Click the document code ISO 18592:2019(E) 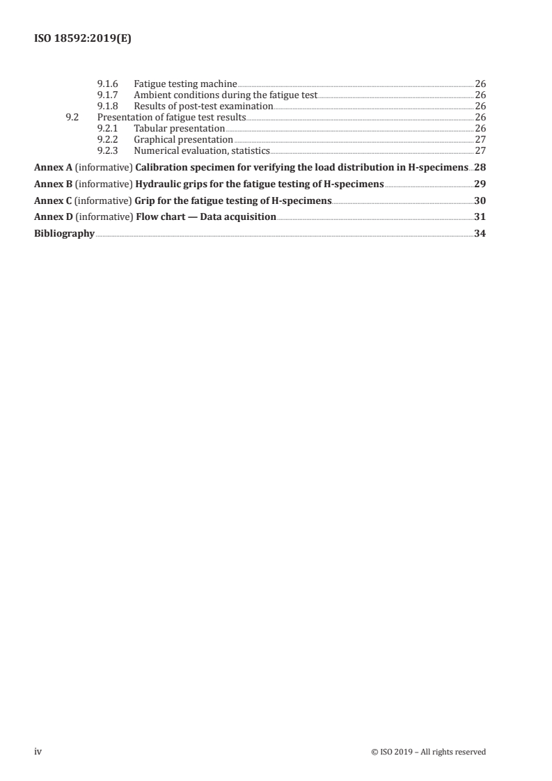[x=83, y=40]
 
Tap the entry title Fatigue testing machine [x=185, y=84]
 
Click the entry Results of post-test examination [x=203, y=106]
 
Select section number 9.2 [x=71, y=117]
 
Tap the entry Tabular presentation [x=179, y=128]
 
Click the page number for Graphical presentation [x=480, y=139]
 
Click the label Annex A [x=54, y=168]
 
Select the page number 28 [x=480, y=168]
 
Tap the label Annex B [x=54, y=184]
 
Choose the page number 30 [x=480, y=201]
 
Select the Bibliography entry [x=64, y=234]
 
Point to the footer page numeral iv [x=38, y=751]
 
